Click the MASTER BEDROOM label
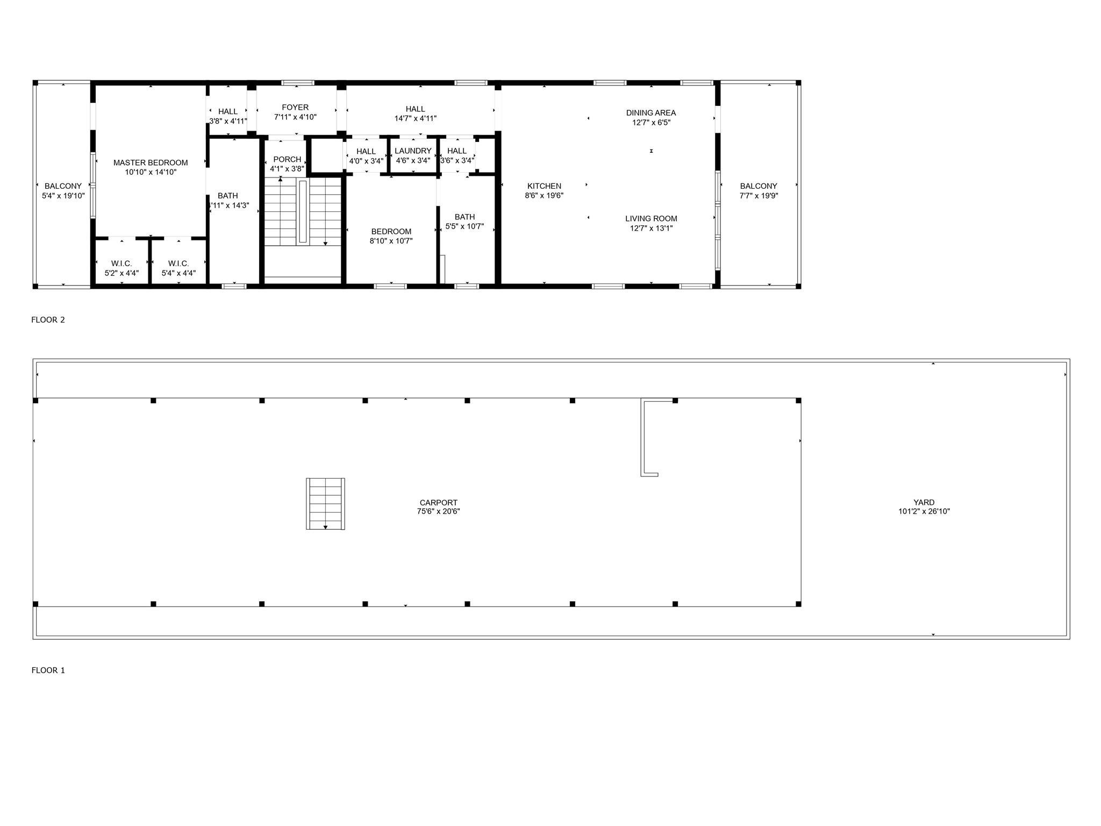151,163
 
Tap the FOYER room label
295,108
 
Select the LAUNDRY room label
413,151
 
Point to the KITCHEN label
544,187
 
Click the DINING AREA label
650,113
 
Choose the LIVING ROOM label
651,219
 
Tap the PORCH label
287,160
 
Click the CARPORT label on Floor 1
438,503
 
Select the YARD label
924,503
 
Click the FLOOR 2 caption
48,320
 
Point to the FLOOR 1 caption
48,671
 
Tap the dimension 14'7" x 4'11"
415,119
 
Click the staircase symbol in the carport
325,504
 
